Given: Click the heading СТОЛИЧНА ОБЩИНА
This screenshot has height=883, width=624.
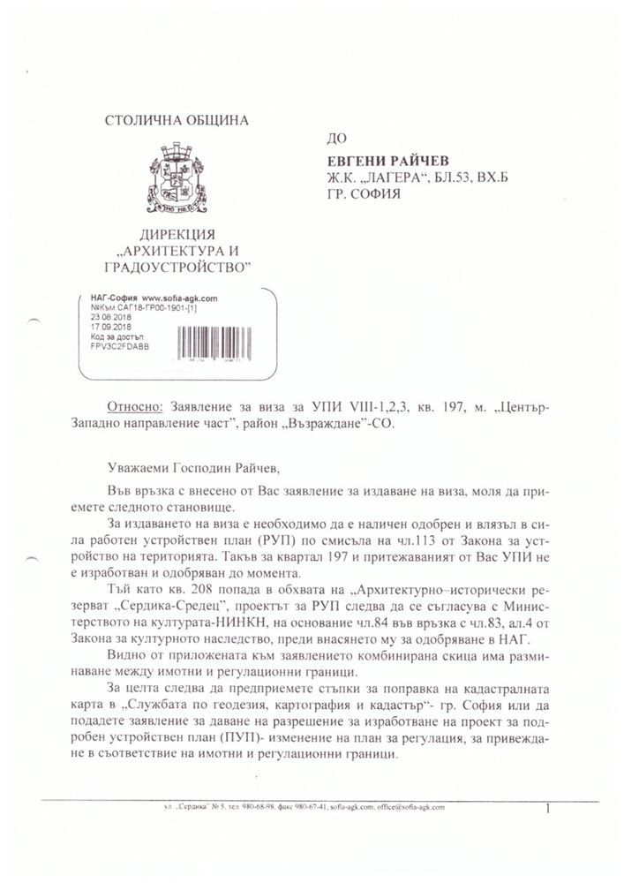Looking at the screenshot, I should click(177, 120).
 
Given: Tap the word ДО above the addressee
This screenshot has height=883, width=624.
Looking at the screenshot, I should click(335, 138).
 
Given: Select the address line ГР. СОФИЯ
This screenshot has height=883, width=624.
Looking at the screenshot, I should click(365, 193).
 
